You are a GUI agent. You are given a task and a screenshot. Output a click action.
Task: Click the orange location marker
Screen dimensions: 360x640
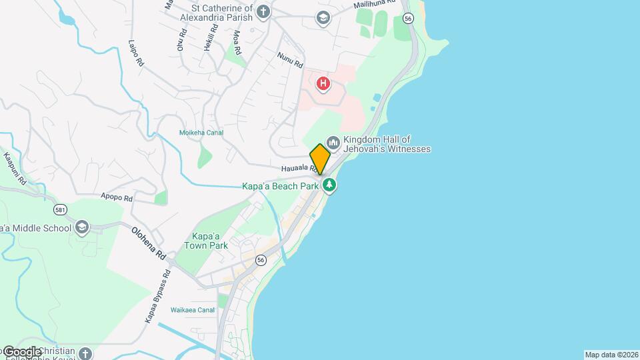pyautogui.click(x=320, y=159)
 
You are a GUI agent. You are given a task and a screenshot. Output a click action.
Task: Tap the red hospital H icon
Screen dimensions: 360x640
pyautogui.click(x=323, y=83)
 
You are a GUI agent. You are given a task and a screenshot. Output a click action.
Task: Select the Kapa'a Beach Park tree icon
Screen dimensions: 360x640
pyautogui.click(x=329, y=185)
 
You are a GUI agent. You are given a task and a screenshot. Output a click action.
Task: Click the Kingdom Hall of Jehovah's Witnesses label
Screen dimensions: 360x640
pyautogui.click(x=387, y=144)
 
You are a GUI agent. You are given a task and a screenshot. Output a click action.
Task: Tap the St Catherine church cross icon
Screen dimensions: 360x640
pyautogui.click(x=264, y=11)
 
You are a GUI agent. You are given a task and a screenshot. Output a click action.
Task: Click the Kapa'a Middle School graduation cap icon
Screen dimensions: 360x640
pyautogui.click(x=82, y=227)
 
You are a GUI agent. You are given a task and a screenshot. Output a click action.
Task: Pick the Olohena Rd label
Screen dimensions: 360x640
pyautogui.click(x=149, y=243)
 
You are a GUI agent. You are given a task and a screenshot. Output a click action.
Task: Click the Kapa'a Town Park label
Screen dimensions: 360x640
pyautogui.click(x=209, y=241)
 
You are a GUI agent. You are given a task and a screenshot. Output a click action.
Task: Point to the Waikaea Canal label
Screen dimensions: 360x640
pyautogui.click(x=192, y=310)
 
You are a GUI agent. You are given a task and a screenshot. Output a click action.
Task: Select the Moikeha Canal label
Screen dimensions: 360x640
pyautogui.click(x=201, y=133)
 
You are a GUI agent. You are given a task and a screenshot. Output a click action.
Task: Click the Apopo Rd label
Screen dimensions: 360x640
pyautogui.click(x=117, y=198)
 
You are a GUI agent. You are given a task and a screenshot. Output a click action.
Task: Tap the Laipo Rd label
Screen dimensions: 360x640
pyautogui.click(x=136, y=53)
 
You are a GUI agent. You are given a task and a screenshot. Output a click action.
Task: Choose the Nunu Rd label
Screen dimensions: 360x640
pyautogui.click(x=290, y=61)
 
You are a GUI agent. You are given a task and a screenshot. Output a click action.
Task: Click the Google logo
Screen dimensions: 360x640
pyautogui.click(x=21, y=351)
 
